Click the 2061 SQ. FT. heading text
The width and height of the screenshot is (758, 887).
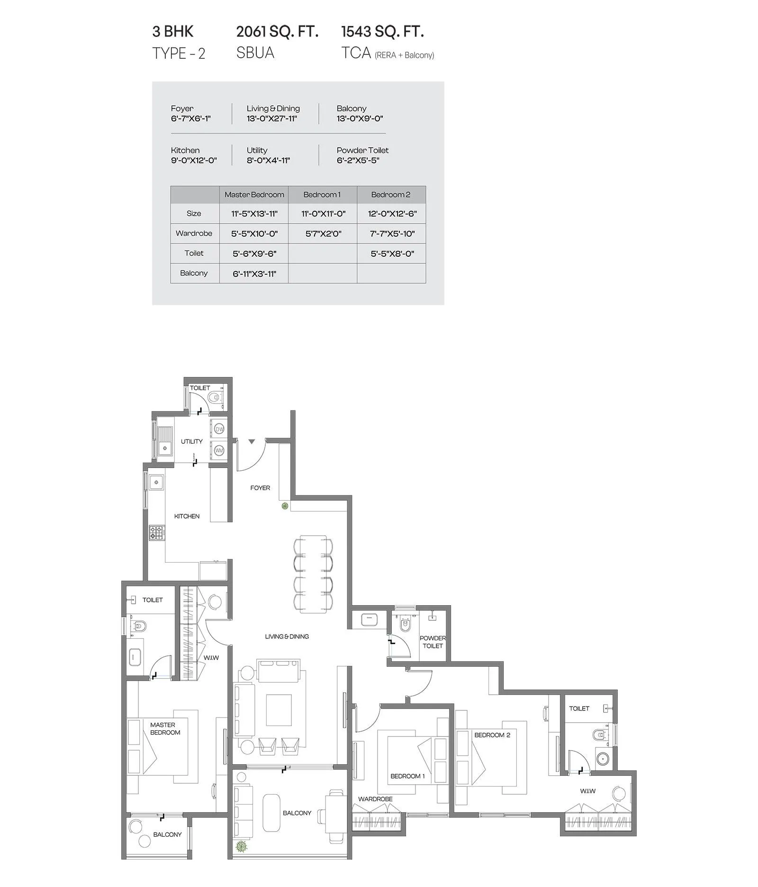277,32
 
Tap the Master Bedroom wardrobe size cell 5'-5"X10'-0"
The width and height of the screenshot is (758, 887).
254,233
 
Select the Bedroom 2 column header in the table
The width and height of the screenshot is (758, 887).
391,195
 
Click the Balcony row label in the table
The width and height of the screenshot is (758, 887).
194,273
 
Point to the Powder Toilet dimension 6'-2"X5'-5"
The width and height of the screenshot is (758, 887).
358,161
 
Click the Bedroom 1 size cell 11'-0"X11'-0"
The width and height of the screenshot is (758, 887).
323,214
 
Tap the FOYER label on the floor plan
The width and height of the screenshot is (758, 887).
260,488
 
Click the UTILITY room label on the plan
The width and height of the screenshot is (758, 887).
191,441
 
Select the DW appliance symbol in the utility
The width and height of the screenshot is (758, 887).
219,429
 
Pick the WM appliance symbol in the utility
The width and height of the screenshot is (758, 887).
219,450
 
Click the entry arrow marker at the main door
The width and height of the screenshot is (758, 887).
252,441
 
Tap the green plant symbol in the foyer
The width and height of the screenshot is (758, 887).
285,506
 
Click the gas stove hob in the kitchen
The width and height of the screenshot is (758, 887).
157,533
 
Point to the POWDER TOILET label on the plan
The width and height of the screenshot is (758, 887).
433,642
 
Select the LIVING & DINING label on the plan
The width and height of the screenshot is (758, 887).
287,636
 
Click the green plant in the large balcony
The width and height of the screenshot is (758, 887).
242,846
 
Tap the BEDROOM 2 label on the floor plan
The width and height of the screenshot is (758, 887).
492,735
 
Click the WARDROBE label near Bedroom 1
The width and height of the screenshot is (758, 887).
375,799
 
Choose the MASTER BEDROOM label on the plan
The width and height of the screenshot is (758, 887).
165,728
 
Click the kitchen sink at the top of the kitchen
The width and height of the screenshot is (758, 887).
156,483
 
